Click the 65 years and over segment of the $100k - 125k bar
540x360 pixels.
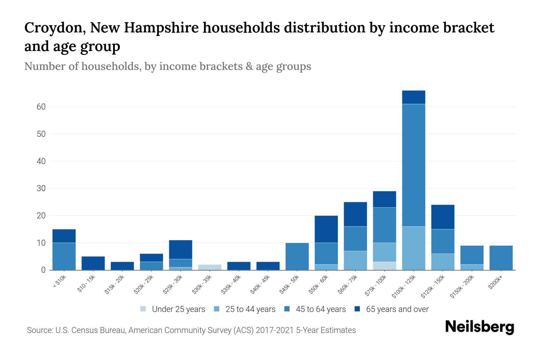tap(413, 97)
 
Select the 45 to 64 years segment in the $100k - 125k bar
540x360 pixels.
tap(413, 165)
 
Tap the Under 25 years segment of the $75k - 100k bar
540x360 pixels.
tap(384, 266)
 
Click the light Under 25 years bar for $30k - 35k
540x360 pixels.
tap(210, 267)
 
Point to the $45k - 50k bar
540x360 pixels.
tap(297, 256)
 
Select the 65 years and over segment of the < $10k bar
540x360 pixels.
tap(64, 236)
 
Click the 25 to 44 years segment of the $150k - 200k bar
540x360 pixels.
tap(472, 267)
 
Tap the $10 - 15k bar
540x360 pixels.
tap(93, 263)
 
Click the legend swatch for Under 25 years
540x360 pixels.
tap(143, 309)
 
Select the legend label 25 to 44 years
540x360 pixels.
tap(250, 309)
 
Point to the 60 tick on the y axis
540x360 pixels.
tap(41, 107)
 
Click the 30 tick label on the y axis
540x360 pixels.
tap(41, 188)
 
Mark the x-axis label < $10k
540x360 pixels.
tap(59, 282)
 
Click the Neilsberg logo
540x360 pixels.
tap(479, 327)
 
